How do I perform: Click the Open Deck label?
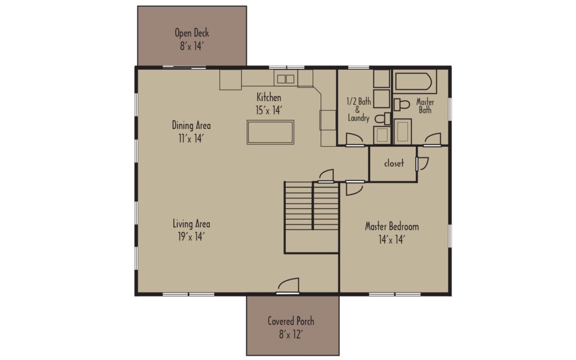[192, 33]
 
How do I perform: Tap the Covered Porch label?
[291, 321]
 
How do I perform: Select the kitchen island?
[270, 132]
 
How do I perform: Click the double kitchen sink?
[285, 79]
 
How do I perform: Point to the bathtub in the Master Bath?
[414, 82]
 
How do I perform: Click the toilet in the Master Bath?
[402, 105]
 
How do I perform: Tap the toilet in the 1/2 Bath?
[382, 119]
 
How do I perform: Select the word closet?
[394, 164]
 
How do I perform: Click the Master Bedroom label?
[392, 227]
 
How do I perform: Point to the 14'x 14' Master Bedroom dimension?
[392, 239]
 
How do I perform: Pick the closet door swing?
[422, 164]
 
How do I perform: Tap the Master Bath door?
[433, 139]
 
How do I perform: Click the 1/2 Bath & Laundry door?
[354, 139]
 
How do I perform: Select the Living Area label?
[191, 224]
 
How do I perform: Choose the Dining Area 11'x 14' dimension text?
[191, 137]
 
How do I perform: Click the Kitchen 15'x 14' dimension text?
[268, 110]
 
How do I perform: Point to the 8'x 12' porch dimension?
[291, 334]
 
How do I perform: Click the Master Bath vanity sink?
[402, 132]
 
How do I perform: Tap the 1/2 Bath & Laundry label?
[358, 110]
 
